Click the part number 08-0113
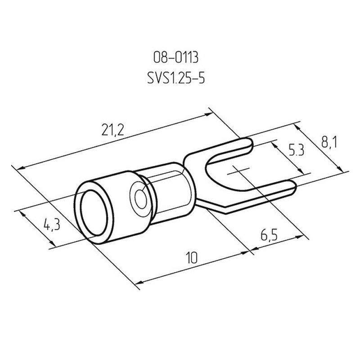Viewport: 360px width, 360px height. (175, 57)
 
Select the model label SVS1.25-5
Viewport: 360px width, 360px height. (176, 78)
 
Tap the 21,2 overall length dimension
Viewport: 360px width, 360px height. (113, 130)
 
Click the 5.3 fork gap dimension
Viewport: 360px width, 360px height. (296, 150)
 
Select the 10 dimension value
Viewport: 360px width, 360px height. (192, 257)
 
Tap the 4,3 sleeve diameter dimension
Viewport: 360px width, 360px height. (52, 225)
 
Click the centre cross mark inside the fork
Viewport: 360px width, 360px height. (238, 171)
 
